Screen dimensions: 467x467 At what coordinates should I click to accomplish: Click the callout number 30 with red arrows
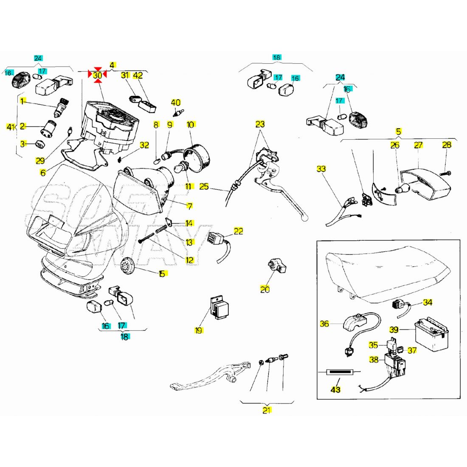pos(98,76)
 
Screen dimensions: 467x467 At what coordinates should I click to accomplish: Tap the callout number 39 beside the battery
pos(394,329)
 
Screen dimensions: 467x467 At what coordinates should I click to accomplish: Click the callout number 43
pos(335,389)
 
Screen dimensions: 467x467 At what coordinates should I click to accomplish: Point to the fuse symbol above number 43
pos(339,372)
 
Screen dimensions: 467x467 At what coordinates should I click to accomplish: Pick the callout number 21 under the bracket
pos(267,410)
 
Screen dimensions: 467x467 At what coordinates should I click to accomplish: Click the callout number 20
pos(265,290)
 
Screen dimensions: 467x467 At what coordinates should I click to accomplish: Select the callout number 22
pos(239,231)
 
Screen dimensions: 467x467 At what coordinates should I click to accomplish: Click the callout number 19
pos(198,330)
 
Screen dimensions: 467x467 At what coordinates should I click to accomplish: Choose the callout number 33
pos(321,169)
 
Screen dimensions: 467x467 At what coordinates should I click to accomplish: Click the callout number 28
pos(447,145)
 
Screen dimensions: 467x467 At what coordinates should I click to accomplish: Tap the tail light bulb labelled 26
pos(404,188)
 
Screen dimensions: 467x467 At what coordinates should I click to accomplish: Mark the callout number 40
pos(175,102)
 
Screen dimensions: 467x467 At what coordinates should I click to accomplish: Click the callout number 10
pos(190,124)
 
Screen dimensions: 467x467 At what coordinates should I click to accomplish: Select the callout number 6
pos(42,172)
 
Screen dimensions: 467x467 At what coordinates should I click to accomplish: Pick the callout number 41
pos(11,127)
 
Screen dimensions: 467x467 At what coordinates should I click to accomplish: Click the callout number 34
pos(428,303)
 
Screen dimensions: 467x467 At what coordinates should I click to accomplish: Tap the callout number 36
pos(324,324)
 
